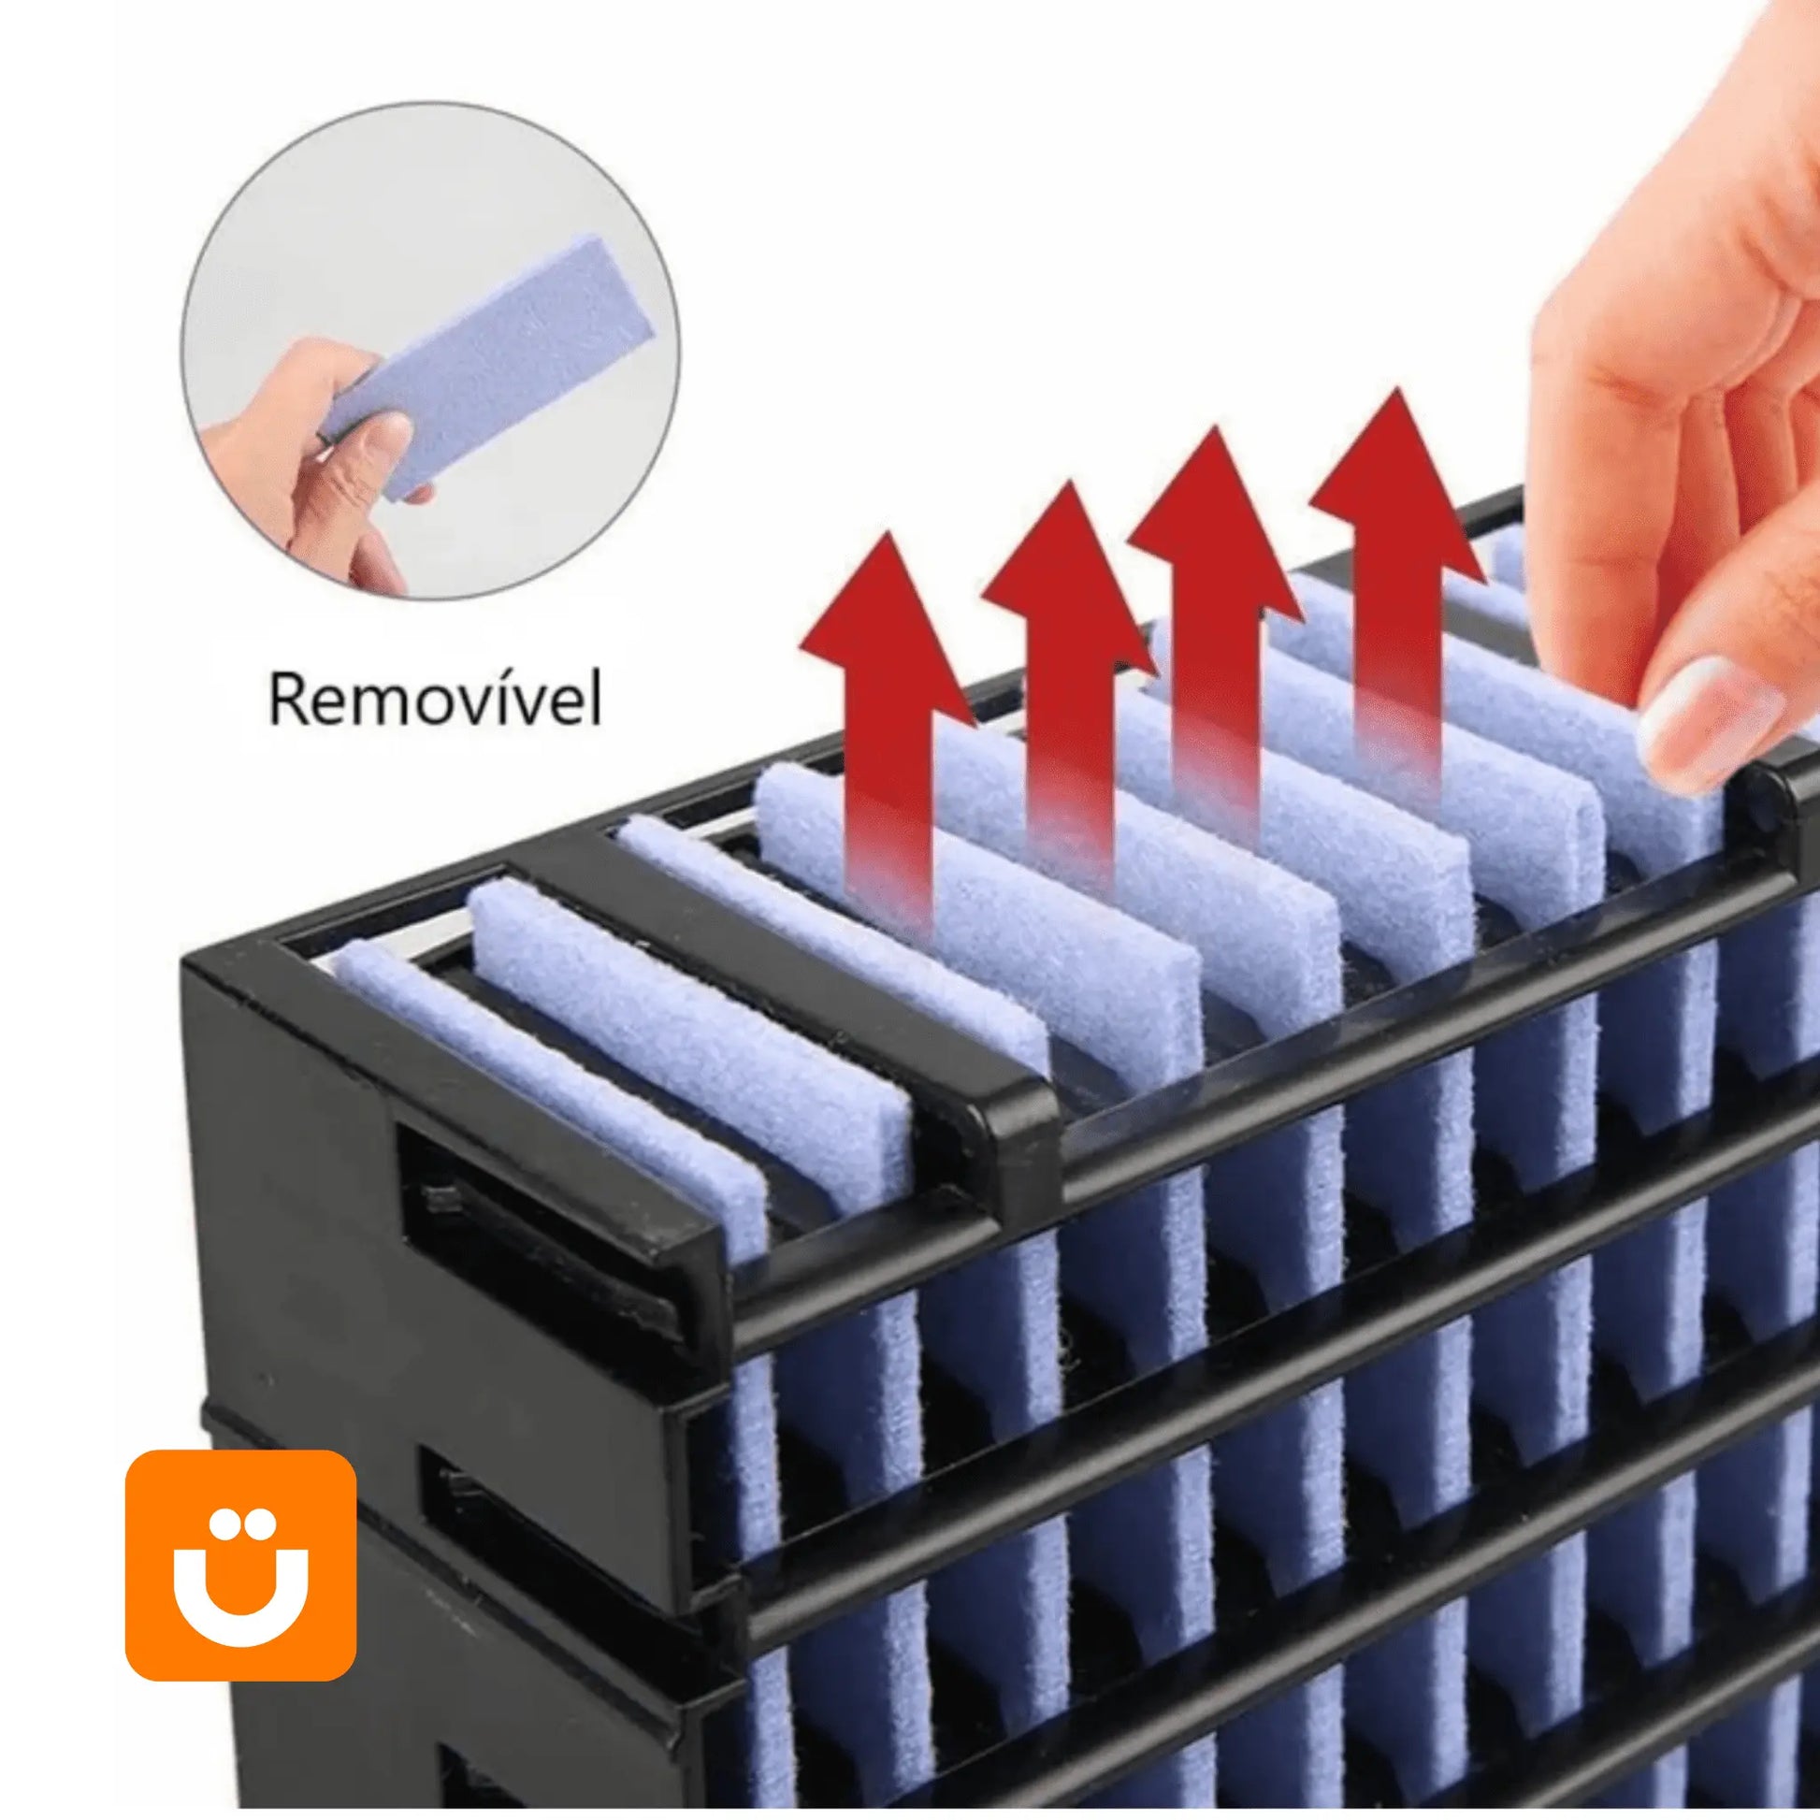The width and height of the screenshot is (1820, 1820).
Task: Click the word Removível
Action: point(435,699)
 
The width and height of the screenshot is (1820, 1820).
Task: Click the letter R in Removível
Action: point(288,700)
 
